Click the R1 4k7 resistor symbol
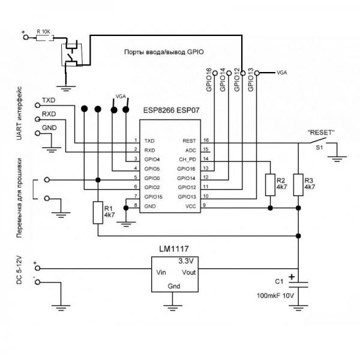[x=98, y=213]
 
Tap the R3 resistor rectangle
[x=298, y=184]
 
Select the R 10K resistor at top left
[x=44, y=37]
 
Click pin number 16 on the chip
[x=206, y=139]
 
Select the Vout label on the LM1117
[x=188, y=272]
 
